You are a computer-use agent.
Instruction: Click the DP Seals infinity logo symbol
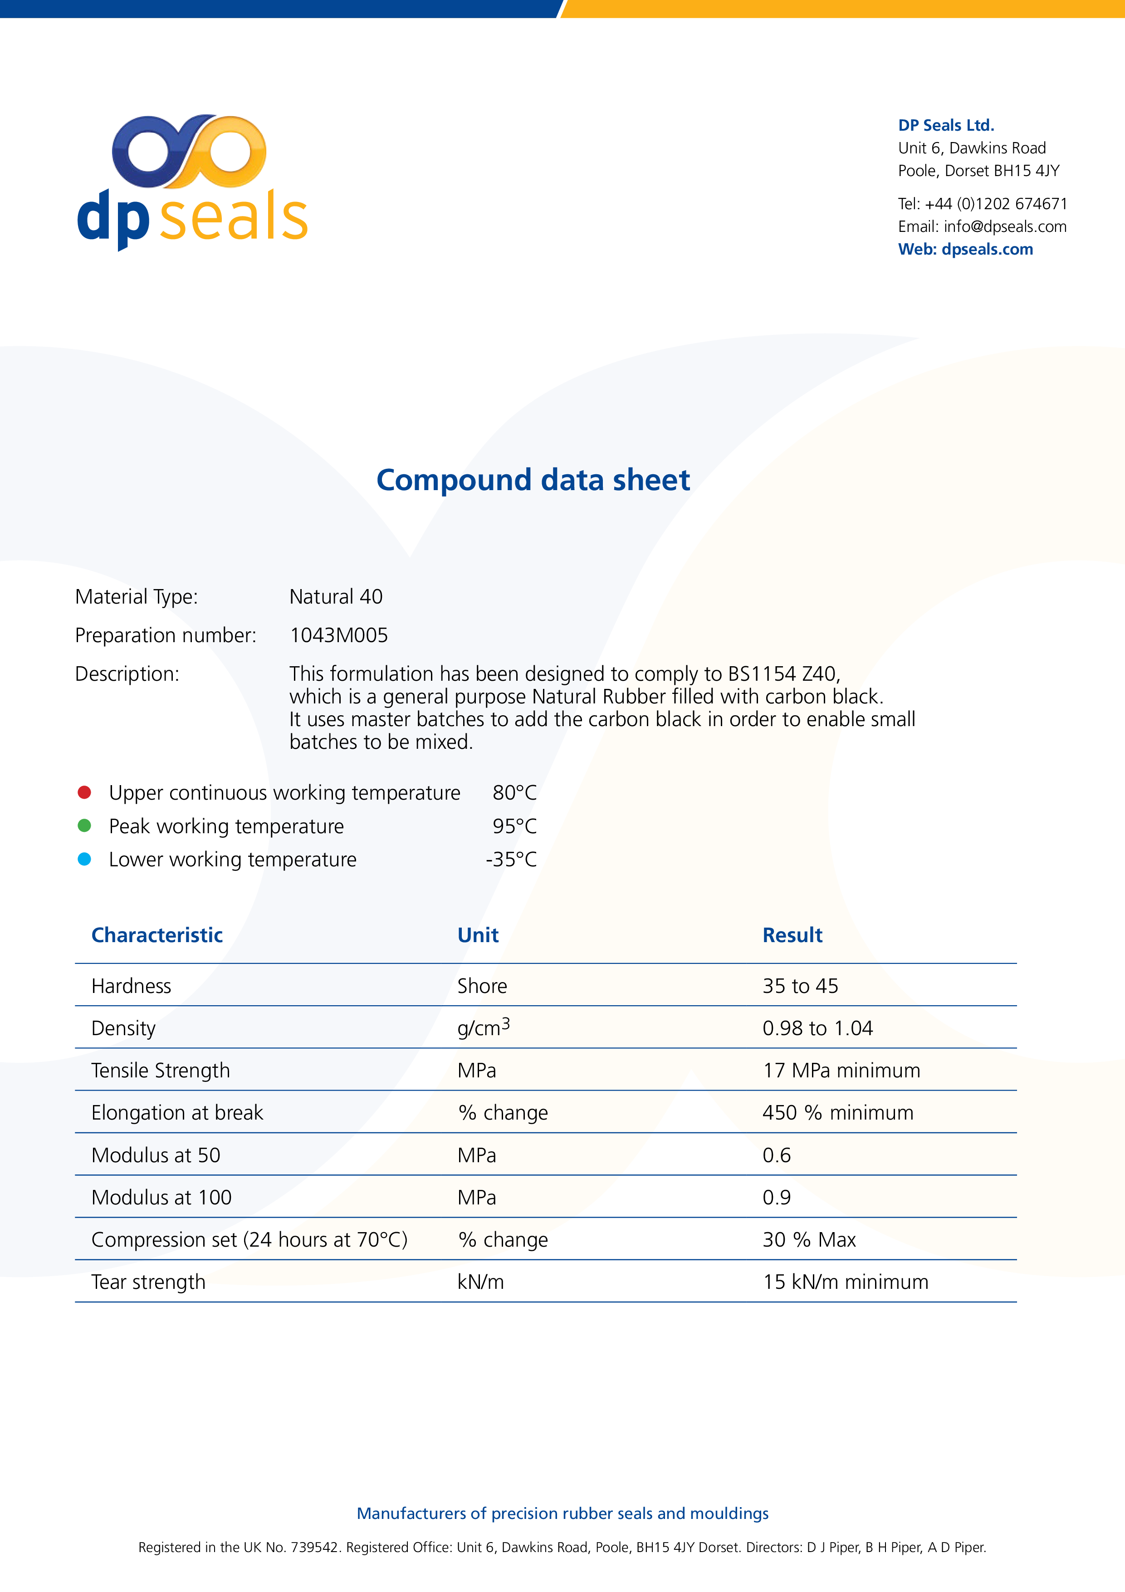pos(189,151)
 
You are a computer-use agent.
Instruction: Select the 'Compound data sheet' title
pos(533,480)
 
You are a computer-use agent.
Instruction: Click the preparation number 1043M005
pos(338,635)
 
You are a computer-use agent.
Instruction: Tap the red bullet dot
pos(84,792)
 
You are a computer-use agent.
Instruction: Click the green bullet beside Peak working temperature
pos(84,825)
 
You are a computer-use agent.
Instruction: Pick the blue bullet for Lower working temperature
pos(84,859)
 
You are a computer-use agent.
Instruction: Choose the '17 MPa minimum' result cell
pos(841,1071)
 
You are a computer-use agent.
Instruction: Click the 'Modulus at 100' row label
pos(161,1198)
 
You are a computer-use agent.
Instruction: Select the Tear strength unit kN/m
pos(480,1282)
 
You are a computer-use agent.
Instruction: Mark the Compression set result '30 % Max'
pos(809,1240)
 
